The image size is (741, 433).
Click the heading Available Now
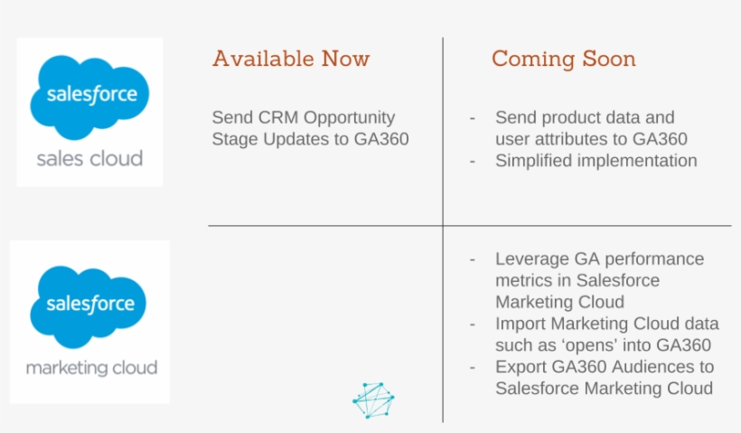coord(291,60)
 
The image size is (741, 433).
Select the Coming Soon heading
coord(563,60)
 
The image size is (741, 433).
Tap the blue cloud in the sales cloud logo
coord(89,95)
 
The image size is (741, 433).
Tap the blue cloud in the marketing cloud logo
coord(89,306)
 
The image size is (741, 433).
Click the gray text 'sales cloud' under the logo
coord(89,159)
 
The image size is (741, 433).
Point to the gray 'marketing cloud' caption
coord(91,368)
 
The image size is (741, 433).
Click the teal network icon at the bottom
coord(373,401)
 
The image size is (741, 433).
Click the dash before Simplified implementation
coord(473,161)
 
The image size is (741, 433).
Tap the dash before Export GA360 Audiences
coord(473,367)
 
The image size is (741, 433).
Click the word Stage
coord(235,139)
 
